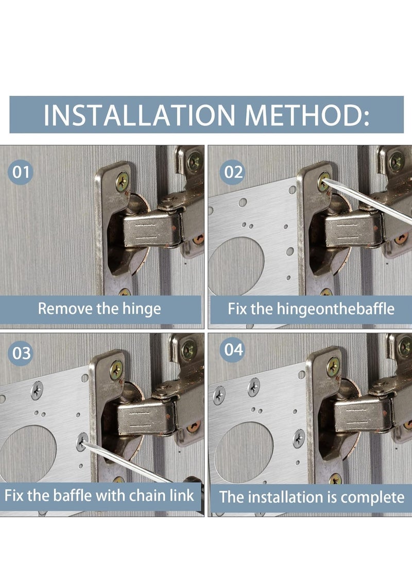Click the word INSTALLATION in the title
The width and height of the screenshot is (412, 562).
coord(139,115)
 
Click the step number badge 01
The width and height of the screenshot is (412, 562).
coord(21,172)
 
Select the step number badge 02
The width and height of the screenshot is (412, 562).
coord(233,172)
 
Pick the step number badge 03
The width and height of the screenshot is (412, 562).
coord(21,353)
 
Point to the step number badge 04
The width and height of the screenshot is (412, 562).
coord(233,349)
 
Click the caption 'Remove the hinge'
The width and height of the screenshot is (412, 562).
coord(99,309)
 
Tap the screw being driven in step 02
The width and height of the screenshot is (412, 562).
coord(324,181)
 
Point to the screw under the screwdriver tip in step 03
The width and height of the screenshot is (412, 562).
coord(82,442)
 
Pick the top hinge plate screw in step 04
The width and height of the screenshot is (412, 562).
coord(334,366)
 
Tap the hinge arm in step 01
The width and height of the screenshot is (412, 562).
coord(152,229)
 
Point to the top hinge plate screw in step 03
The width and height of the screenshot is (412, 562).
coord(116,369)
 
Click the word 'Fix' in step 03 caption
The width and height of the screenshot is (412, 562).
coord(14,496)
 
